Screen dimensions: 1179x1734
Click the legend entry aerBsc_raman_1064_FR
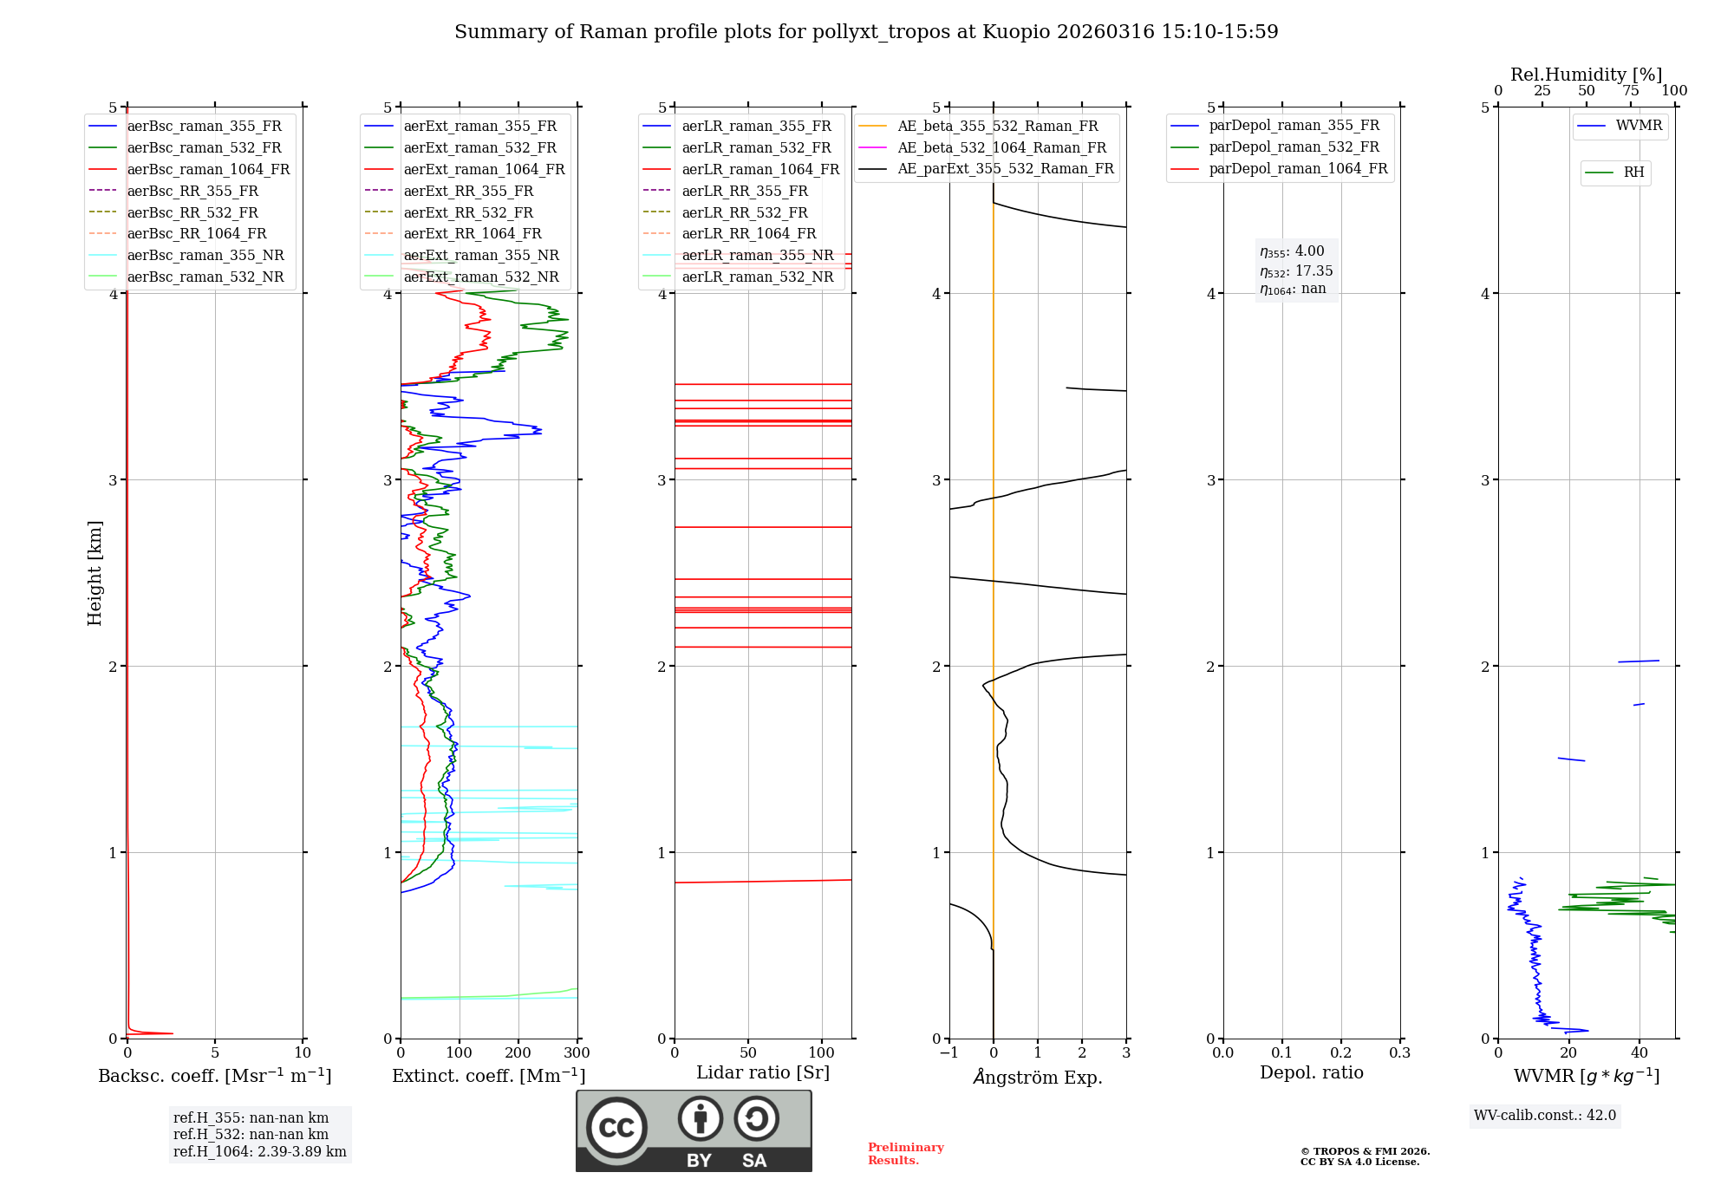(x=208, y=169)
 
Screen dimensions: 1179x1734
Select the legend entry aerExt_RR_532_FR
(x=468, y=212)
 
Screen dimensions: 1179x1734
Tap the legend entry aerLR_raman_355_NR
(x=757, y=255)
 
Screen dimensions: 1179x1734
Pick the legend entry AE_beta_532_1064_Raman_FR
(x=1001, y=147)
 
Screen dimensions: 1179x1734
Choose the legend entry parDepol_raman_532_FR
(x=1294, y=147)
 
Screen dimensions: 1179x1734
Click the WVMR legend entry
(x=1639, y=126)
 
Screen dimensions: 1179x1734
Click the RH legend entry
(x=1633, y=173)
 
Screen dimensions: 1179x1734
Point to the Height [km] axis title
(x=95, y=572)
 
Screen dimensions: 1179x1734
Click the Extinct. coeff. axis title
(x=488, y=1076)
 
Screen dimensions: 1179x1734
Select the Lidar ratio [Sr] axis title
(x=763, y=1072)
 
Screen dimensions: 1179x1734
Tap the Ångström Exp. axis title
(x=1038, y=1077)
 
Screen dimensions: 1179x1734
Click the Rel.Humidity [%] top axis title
(x=1586, y=75)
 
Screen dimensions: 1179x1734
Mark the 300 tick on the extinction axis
(x=577, y=1053)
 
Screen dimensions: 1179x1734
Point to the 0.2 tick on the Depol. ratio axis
(x=1340, y=1053)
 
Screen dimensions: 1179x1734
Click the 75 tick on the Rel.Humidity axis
(x=1630, y=91)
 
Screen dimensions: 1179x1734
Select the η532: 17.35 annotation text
(x=1296, y=270)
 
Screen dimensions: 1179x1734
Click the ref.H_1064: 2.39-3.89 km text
(x=259, y=1151)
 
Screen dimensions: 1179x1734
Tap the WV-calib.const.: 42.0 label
(x=1545, y=1115)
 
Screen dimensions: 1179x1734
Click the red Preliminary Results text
(x=905, y=1153)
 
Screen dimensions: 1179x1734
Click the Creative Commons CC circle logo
(x=616, y=1127)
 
